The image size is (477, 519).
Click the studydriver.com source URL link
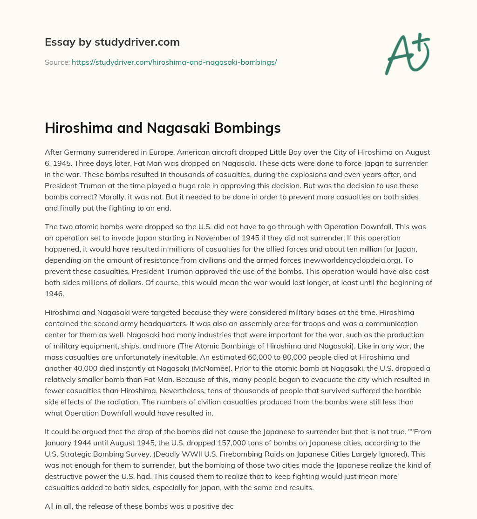click(174, 62)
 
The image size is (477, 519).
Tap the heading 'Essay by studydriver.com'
click(112, 42)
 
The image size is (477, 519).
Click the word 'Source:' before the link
click(57, 62)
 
